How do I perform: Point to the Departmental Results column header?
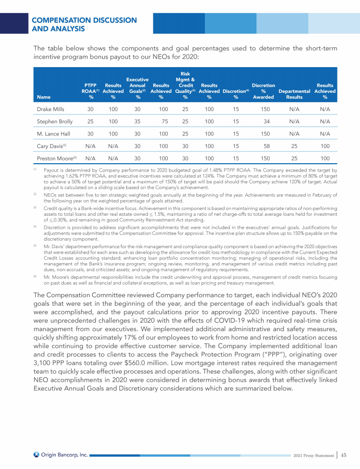coord(294,94)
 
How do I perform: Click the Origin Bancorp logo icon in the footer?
coord(36,455)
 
